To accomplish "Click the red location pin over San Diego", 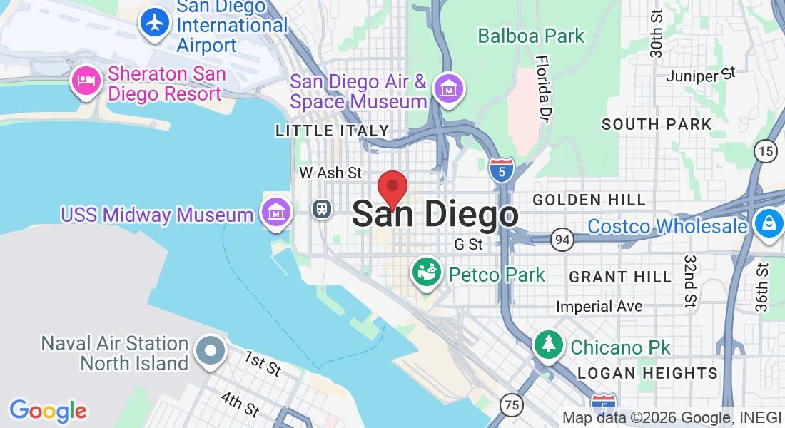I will tap(392, 189).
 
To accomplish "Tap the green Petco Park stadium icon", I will tap(427, 274).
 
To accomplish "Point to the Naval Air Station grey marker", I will tap(211, 351).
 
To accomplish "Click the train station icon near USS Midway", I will tap(323, 208).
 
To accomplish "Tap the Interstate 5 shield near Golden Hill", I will tap(502, 170).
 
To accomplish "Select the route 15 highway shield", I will tap(766, 151).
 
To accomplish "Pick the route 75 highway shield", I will tap(512, 405).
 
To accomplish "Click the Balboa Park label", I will tap(531, 36).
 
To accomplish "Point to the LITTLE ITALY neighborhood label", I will tap(333, 131).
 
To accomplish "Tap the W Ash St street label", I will tap(330, 173).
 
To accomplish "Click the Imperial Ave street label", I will tap(599, 307).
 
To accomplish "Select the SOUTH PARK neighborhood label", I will tap(657, 124).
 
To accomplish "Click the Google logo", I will tap(48, 411).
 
